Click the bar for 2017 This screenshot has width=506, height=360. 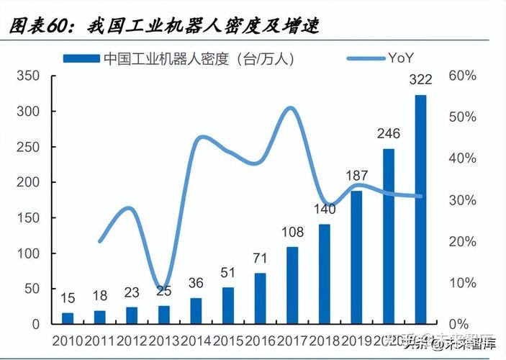point(292,285)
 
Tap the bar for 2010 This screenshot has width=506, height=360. point(68,318)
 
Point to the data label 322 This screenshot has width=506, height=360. point(420,80)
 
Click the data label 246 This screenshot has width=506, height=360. point(388,134)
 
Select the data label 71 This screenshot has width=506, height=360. point(260,258)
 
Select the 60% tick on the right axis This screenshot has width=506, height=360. point(462,76)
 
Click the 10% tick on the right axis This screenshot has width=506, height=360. point(462,283)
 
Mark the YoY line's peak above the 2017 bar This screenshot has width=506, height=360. point(290,109)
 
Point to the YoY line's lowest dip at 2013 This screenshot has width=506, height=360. point(163,289)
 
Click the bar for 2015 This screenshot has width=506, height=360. point(228,306)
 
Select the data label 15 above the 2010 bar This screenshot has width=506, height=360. point(68,297)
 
